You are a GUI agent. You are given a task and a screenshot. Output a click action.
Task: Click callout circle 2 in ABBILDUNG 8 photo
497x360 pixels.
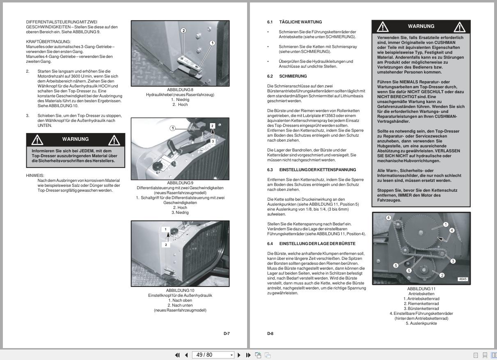pyautogui.click(x=183, y=30)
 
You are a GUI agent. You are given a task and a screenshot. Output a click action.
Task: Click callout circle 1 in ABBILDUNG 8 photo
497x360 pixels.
pyautogui.click(x=212, y=43)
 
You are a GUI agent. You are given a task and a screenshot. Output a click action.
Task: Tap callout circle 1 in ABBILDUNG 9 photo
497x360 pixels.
pyautogui.click(x=173, y=128)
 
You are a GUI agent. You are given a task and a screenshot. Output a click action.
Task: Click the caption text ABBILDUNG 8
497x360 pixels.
pyautogui.click(x=180, y=90)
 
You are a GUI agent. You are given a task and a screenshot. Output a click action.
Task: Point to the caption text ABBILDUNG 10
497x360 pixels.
pyautogui.click(x=180, y=291)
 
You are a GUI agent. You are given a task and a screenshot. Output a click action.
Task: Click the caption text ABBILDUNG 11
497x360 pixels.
pyautogui.click(x=421, y=289)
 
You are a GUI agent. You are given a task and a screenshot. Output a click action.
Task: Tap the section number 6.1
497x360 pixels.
pyautogui.click(x=270, y=22)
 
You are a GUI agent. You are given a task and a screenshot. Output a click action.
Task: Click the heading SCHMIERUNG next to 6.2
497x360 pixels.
pyautogui.click(x=293, y=76)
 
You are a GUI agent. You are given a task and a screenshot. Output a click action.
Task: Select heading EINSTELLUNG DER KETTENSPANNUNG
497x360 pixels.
pyautogui.click(x=318, y=170)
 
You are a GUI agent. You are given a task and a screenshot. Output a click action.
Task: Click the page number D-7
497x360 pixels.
pyautogui.click(x=227, y=334)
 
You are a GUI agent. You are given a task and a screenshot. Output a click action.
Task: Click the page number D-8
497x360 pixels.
pyautogui.click(x=270, y=334)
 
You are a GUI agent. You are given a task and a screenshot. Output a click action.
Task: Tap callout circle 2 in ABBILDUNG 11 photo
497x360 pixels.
pyautogui.click(x=442, y=275)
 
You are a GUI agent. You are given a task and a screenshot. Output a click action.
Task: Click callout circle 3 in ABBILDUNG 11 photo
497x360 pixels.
pyautogui.click(x=453, y=261)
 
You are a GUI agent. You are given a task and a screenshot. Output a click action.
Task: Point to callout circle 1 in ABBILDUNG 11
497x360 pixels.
pyautogui.click(x=446, y=225)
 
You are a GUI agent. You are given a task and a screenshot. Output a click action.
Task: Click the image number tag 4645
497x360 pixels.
pyautogui.click(x=463, y=279)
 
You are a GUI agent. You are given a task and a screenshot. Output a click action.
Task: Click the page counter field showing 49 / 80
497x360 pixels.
pyautogui.click(x=213, y=355)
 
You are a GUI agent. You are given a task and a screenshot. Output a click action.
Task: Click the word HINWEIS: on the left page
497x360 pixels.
pyautogui.click(x=35, y=176)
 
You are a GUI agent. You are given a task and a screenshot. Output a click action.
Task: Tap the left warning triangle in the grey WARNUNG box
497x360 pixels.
pyautogui.click(x=382, y=27)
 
